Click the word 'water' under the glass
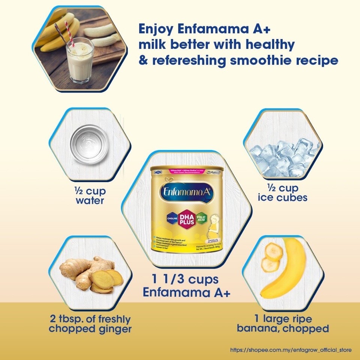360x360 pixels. pos(90,201)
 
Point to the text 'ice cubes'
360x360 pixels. pos(282,197)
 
